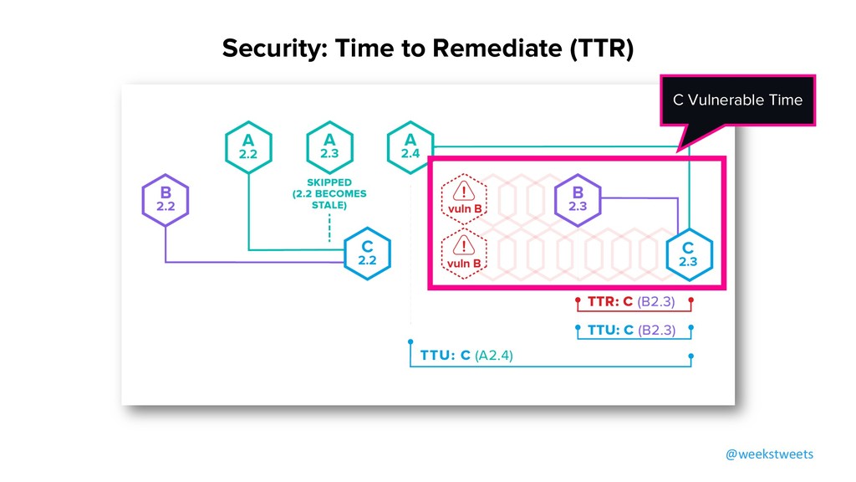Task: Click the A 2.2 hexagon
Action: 248,148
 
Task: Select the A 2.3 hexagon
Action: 329,148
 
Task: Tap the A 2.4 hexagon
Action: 410,148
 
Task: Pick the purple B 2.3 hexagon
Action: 578,199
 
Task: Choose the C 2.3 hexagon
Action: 688,253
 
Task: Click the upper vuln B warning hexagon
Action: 464,199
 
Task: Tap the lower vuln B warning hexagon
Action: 464,253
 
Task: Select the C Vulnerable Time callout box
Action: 737,100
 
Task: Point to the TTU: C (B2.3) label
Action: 631,330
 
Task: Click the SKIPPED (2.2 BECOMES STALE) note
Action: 329,194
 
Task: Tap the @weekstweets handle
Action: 768,454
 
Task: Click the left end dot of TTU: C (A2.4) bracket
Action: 410,342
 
